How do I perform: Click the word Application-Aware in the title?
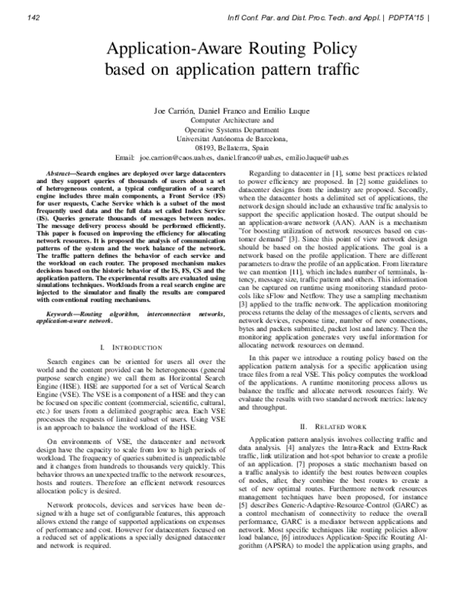(x=168, y=50)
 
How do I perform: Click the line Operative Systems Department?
(x=227, y=130)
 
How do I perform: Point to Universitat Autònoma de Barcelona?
(x=227, y=139)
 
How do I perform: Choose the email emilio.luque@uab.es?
(x=330, y=157)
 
